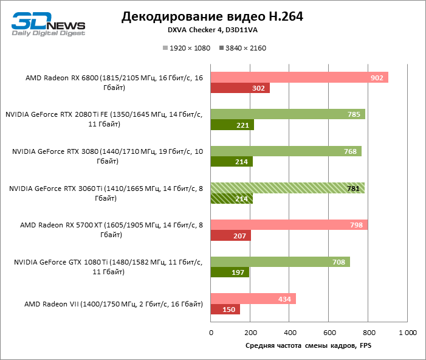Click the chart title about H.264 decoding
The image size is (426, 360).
[212, 16]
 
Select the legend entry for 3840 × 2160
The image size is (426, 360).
[242, 48]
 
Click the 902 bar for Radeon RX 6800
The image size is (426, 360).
[299, 77]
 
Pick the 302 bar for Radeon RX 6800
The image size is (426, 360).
[240, 88]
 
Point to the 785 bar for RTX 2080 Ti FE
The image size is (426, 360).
[287, 114]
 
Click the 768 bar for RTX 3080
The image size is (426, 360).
[286, 151]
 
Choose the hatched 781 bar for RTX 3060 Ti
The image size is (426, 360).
[287, 188]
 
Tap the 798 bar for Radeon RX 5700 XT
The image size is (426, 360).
[289, 225]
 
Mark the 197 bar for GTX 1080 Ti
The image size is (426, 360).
[230, 272]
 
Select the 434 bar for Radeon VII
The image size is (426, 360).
[253, 299]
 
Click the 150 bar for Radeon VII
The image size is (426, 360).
[225, 310]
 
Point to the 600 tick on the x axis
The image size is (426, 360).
[328, 333]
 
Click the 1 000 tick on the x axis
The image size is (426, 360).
[407, 333]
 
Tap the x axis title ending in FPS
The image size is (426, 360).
[308, 346]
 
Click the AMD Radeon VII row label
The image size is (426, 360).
[113, 303]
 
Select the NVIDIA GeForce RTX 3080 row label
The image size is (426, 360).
[108, 156]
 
